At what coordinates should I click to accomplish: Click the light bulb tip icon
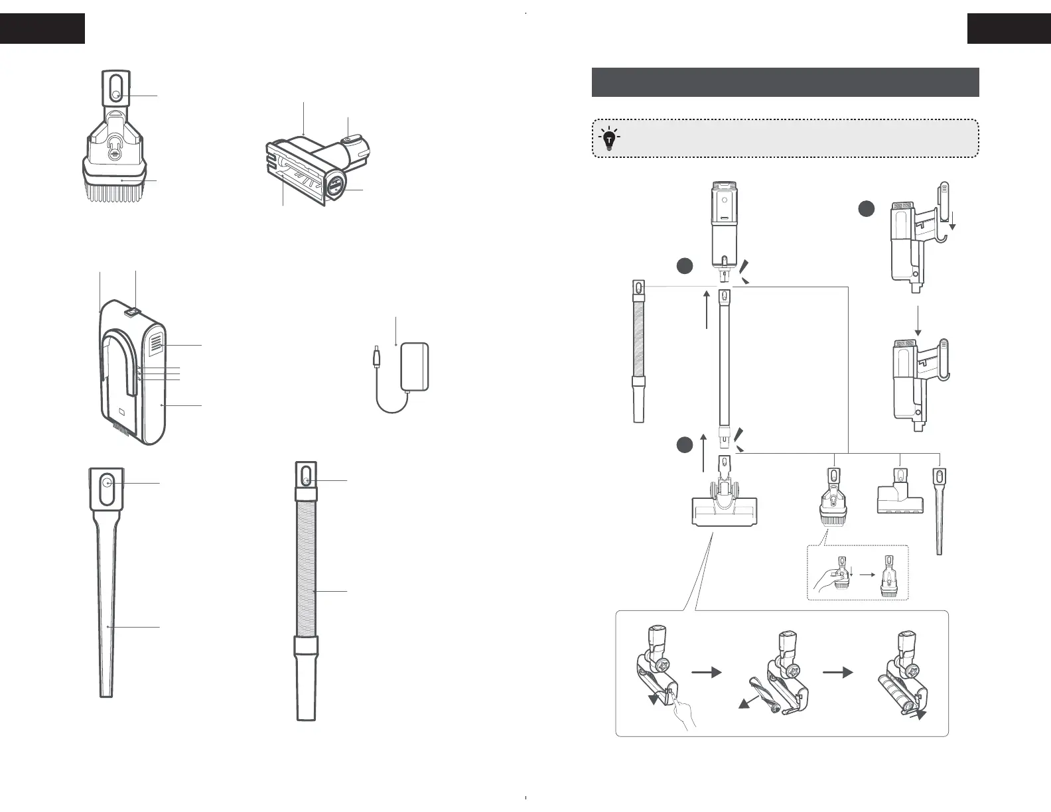[608, 138]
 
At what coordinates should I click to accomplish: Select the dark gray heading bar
[785, 82]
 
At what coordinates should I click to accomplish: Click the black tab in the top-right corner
[1009, 29]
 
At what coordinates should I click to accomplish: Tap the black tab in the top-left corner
[42, 29]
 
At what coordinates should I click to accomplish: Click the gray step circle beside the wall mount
[866, 209]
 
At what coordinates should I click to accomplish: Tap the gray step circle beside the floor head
[685, 446]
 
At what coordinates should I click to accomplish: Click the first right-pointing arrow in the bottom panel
[706, 672]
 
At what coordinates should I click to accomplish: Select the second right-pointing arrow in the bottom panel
[837, 672]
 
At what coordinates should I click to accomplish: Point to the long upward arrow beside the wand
[708, 308]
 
